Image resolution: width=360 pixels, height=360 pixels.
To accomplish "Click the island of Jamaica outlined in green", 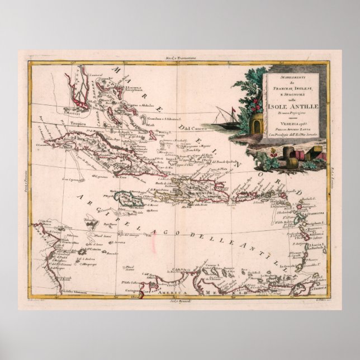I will [128, 200].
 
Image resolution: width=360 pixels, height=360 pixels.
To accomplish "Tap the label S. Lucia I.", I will [313, 245].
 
